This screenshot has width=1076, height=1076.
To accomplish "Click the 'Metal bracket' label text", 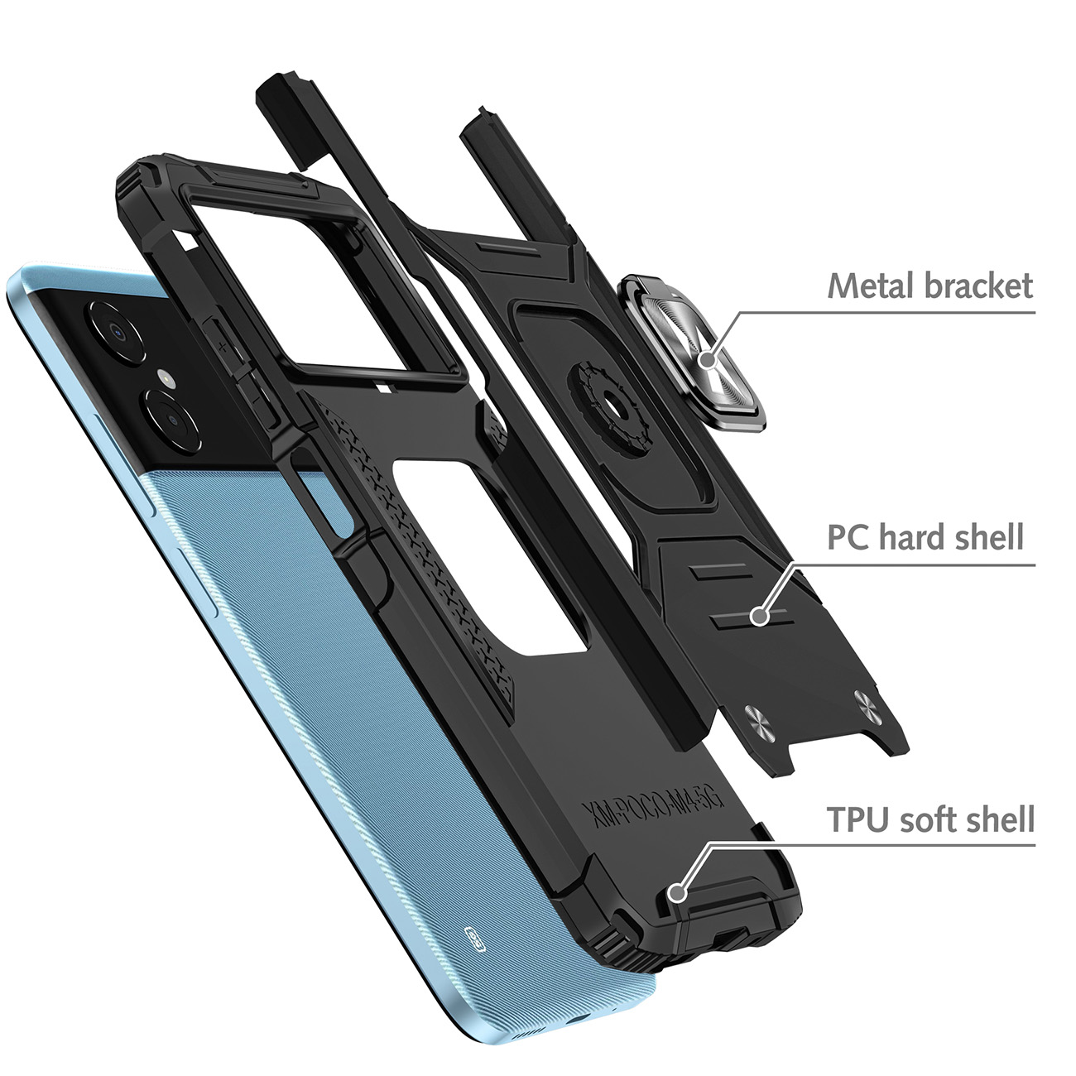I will (930, 286).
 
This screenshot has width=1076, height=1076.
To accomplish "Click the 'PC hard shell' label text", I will (925, 537).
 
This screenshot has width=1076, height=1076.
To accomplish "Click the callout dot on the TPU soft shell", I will (678, 892).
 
